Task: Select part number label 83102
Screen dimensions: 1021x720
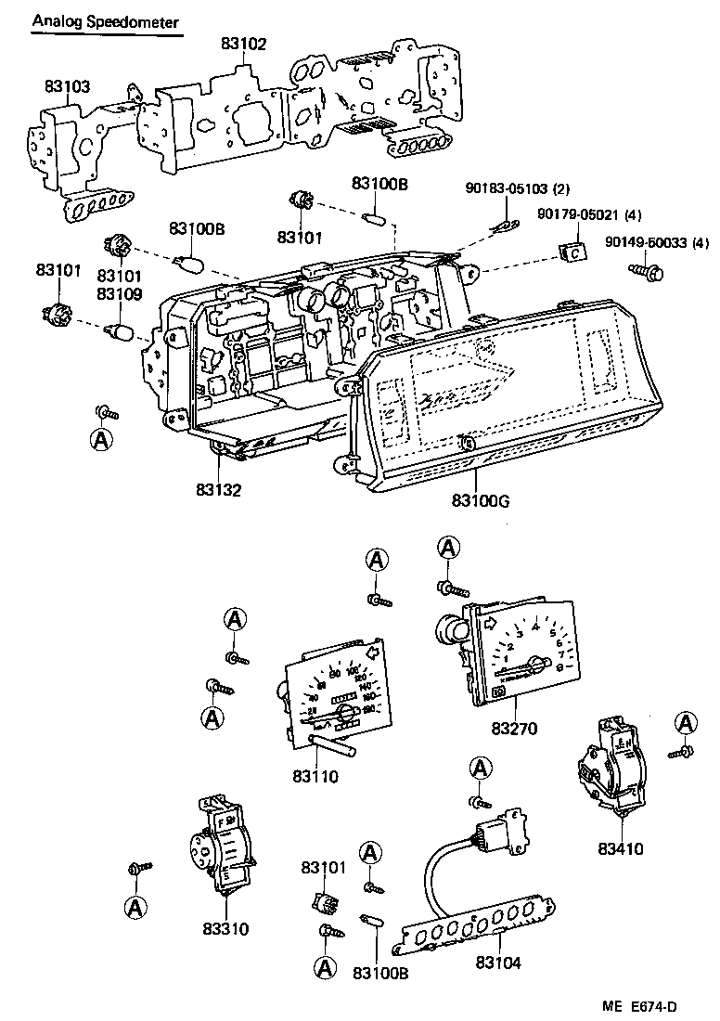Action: tap(244, 43)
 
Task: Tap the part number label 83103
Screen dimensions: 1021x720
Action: tap(67, 86)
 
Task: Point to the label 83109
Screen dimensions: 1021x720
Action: tap(116, 294)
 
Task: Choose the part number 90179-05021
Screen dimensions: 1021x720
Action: tap(576, 214)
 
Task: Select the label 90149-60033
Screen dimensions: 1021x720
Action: tap(646, 242)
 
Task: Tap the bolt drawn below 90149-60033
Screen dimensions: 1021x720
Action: tap(647, 272)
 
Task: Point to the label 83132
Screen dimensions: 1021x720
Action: tap(219, 489)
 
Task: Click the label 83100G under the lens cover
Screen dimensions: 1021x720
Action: tap(482, 501)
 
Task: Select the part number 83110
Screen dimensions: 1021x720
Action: tap(315, 776)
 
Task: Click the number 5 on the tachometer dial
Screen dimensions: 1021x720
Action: tap(553, 634)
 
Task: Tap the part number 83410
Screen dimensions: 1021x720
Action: tap(621, 848)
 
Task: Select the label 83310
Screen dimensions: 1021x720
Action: tap(225, 928)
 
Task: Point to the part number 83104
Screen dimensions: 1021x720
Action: tap(498, 963)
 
